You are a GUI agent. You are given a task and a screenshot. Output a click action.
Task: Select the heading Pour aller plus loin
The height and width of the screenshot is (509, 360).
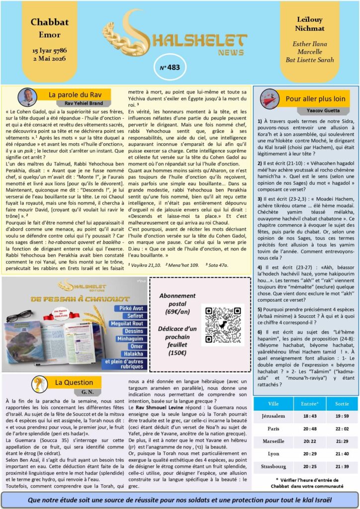[x=315, y=98]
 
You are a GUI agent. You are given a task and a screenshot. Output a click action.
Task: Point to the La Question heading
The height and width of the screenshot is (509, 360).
[x=67, y=382]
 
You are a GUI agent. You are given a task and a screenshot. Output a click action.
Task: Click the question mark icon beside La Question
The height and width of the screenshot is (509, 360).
[x=39, y=384]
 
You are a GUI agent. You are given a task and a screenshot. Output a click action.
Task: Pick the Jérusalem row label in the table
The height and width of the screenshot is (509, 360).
[x=273, y=416]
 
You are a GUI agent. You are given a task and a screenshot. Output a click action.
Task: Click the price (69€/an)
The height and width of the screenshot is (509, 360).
[x=178, y=311]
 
